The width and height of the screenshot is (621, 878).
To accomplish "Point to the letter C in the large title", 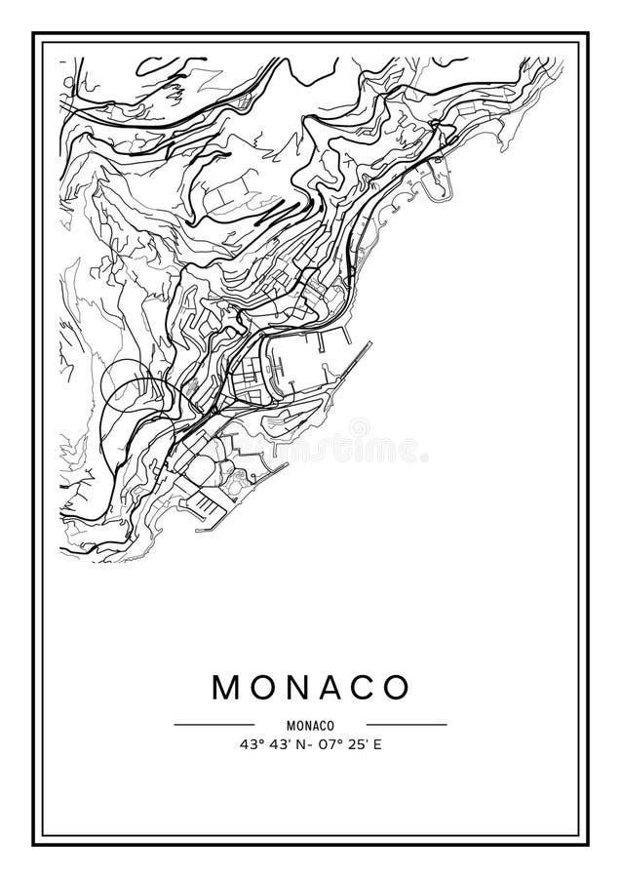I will pyautogui.click(x=362, y=687).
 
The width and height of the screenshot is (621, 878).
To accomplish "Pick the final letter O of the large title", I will pyautogui.click(x=396, y=687).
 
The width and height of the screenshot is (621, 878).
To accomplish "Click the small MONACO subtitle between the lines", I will pyautogui.click(x=311, y=725).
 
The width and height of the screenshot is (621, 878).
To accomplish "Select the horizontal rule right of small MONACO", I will pyautogui.click(x=407, y=725).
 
